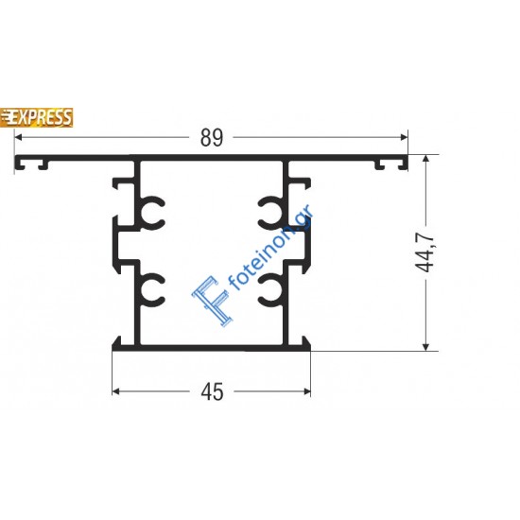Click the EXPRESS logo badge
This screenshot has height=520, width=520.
[40, 117]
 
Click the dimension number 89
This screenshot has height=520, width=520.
[212, 138]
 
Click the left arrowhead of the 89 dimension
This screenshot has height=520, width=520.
[19, 138]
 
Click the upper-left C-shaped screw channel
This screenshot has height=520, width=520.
[153, 214]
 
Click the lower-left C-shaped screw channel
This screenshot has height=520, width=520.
[153, 292]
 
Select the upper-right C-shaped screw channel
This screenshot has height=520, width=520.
[269, 214]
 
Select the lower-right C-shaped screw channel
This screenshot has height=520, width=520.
[269, 292]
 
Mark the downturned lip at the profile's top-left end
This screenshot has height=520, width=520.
[18, 167]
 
